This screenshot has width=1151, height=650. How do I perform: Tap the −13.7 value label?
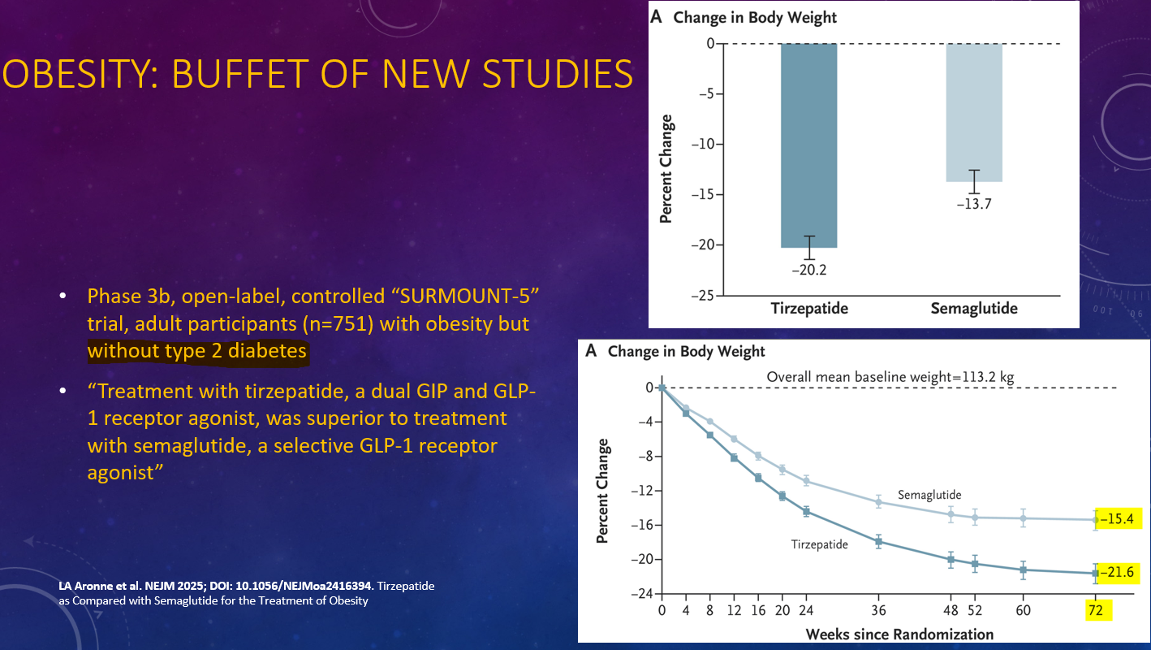coord(974,204)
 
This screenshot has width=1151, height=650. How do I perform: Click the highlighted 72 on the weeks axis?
coord(1096,610)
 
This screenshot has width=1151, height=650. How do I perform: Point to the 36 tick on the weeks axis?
coord(878,610)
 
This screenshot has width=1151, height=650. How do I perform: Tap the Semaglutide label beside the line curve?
coord(929,494)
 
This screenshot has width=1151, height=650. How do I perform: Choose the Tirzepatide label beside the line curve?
coord(819,544)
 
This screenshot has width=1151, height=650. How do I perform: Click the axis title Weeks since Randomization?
coord(899,634)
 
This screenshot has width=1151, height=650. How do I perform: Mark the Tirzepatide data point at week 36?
coord(878,541)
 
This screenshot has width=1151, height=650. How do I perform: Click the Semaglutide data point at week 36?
coord(878,502)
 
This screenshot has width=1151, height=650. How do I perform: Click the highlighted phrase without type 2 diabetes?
coord(197,351)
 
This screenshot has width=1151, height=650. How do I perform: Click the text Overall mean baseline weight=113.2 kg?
coord(890,377)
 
